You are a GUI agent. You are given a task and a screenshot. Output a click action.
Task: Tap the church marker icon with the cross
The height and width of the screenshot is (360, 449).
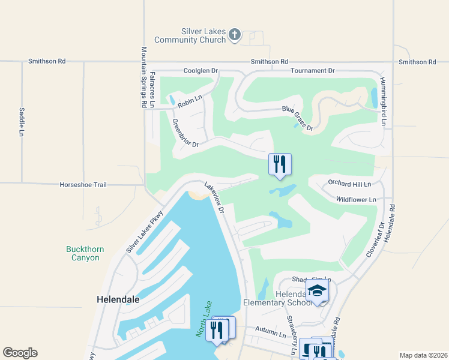235,35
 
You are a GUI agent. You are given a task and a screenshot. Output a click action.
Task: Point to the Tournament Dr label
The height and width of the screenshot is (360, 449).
312,71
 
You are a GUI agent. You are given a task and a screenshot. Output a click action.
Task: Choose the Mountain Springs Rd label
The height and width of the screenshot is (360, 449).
144,77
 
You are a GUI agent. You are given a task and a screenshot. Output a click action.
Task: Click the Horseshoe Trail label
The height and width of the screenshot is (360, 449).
83,185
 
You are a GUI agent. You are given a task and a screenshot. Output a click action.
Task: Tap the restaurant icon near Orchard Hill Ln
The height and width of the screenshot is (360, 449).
280,164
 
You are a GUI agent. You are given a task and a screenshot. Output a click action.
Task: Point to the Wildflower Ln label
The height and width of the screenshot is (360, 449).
356,199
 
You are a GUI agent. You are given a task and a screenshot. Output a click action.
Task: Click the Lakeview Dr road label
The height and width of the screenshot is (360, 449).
214,199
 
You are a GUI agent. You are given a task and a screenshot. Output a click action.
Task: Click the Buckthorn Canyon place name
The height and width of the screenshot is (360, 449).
82,253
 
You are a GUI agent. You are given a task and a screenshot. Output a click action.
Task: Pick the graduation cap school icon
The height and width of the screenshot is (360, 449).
318,292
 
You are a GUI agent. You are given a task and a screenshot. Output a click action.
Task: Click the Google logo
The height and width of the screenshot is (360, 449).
20,353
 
